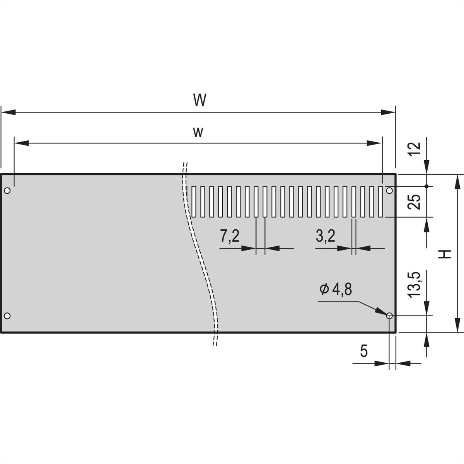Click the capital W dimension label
[x=200, y=101]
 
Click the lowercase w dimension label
[x=198, y=133]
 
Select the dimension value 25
[x=414, y=202]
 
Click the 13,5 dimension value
[x=414, y=284]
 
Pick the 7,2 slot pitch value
[x=230, y=236]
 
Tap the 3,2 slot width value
[x=326, y=236]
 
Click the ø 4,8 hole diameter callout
[x=336, y=289]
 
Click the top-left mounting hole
[x=7, y=191]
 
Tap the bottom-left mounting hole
[x=7, y=316]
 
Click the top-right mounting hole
[x=389, y=191]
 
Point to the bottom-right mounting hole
[x=389, y=316]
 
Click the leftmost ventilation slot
[x=194, y=201]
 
